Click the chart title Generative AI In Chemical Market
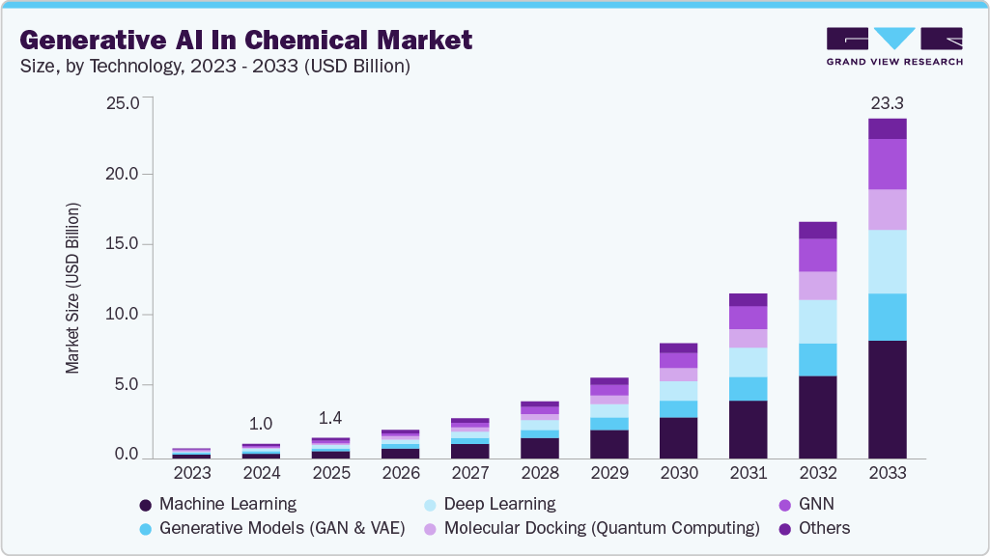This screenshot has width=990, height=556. [246, 40]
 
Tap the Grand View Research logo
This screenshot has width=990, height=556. [894, 46]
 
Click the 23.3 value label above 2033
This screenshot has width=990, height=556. [887, 102]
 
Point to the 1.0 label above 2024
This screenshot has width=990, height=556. [261, 424]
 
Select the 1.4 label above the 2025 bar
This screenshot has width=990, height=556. [330, 418]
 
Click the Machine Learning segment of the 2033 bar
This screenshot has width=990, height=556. [887, 399]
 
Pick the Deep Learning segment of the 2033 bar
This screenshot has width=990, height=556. [887, 261]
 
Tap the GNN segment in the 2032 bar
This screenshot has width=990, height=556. [817, 255]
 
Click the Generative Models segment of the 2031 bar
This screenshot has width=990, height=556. [748, 388]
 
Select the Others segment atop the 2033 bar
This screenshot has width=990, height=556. [887, 128]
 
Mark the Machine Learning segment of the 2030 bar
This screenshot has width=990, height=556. [678, 437]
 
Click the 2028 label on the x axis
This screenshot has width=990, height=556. [539, 473]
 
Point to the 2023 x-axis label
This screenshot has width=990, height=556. [191, 473]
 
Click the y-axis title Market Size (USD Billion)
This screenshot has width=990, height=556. [72, 289]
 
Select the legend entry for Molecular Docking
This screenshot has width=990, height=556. [591, 528]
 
